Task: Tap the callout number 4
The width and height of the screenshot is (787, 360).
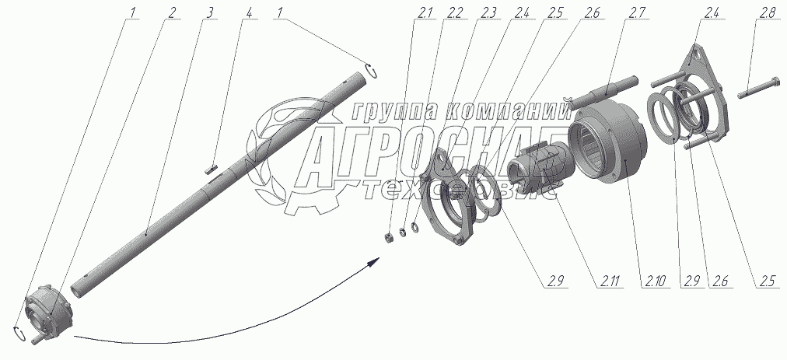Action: coord(248,14)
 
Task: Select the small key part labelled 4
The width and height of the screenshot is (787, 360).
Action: coord(210,164)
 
